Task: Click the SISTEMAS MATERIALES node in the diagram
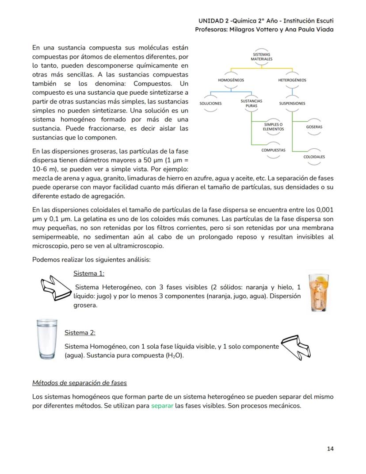pyautogui.click(x=261, y=57)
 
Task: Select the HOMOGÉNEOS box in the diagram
pyautogui.click(x=231, y=80)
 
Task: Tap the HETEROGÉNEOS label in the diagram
pyautogui.click(x=292, y=80)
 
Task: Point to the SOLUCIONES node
pyautogui.click(x=210, y=103)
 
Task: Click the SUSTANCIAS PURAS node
pyautogui.click(x=251, y=103)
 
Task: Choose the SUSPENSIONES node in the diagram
pyautogui.click(x=292, y=103)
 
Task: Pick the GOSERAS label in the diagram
pyautogui.click(x=314, y=127)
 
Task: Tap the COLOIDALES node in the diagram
pyautogui.click(x=314, y=157)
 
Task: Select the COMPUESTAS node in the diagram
pyautogui.click(x=273, y=150)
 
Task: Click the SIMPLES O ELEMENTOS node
pyautogui.click(x=273, y=127)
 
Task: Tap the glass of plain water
pyautogui.click(x=47, y=339)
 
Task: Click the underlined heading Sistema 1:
pyautogui.click(x=89, y=273)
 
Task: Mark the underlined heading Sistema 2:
pyautogui.click(x=80, y=332)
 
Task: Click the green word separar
pyautogui.click(x=162, y=405)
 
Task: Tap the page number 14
pyautogui.click(x=330, y=448)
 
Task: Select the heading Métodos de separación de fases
pyautogui.click(x=80, y=382)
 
